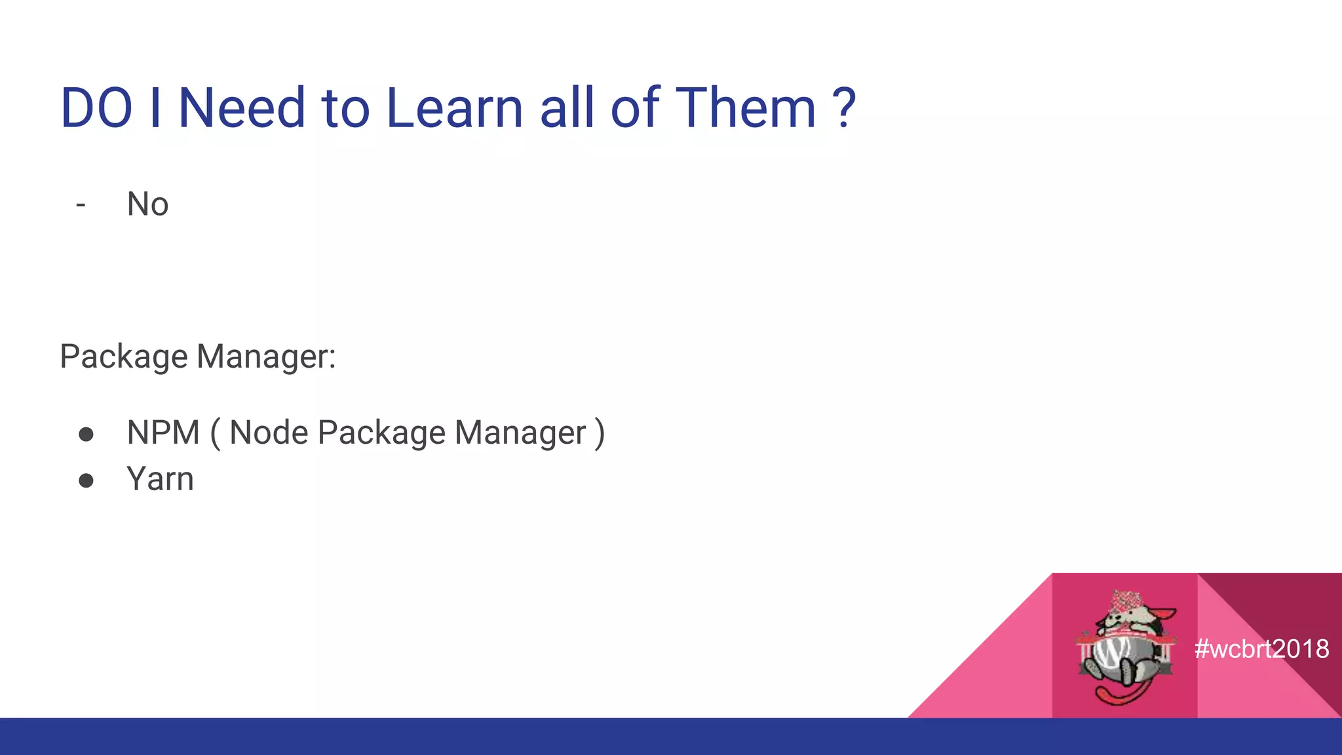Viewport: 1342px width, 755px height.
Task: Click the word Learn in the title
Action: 454,108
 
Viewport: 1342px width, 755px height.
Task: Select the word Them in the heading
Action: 745,108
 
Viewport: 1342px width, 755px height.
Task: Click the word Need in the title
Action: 242,108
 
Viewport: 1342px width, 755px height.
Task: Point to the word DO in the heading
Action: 97,108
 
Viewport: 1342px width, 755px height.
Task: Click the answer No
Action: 147,204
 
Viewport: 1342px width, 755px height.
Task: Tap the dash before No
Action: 81,205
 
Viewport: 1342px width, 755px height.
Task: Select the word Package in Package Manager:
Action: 124,358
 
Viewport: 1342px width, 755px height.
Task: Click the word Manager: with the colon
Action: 266,357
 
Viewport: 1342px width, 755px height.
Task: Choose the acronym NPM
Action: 163,433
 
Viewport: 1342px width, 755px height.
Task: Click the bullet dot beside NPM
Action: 86,435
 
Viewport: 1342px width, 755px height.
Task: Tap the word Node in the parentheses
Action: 269,433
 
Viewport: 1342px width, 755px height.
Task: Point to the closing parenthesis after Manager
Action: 599,433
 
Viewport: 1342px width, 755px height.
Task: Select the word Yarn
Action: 160,479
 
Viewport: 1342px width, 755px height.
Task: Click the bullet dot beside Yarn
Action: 86,481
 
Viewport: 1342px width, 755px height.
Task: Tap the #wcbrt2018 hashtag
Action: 1261,649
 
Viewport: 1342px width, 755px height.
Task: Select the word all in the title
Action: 567,108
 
